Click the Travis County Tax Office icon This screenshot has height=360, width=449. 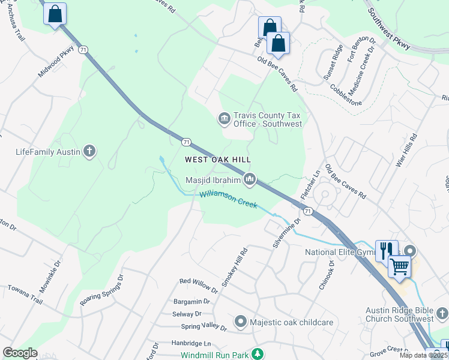(x=224, y=119)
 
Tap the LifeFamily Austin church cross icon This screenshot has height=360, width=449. (x=89, y=151)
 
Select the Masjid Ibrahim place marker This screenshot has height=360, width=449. (x=250, y=179)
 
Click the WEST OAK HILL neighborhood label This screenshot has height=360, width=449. (x=217, y=160)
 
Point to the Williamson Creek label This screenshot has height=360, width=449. (x=229, y=199)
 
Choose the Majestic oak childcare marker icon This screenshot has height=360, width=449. (x=241, y=322)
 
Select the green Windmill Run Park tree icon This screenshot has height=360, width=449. (x=257, y=354)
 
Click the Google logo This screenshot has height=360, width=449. (x=20, y=353)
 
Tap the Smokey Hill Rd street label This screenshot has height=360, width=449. (x=234, y=267)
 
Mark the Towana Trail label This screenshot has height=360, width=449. (x=26, y=295)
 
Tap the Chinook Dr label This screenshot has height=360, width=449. (x=327, y=275)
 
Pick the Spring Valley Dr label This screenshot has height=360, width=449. (x=204, y=328)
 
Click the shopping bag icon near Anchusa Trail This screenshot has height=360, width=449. (x=55, y=14)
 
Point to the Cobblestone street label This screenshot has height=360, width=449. (x=346, y=95)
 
